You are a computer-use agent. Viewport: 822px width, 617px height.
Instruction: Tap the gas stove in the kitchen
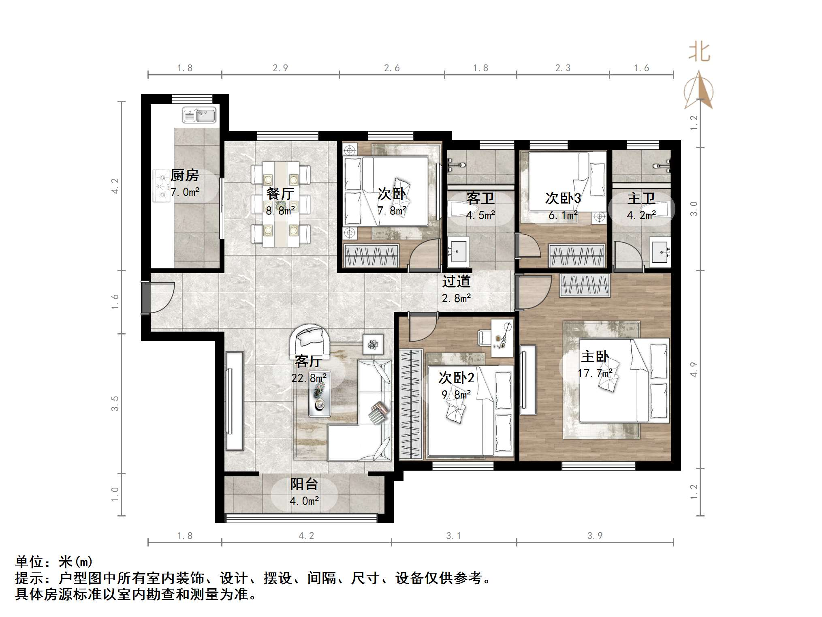pos(160,186)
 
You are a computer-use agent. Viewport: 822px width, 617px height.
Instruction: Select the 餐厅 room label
pos(280,194)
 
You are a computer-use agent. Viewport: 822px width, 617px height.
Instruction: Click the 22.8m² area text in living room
pos(309,378)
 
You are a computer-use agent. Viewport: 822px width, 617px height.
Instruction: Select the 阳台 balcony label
pos(304,484)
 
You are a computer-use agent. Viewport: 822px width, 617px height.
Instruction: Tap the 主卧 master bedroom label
pos(595,356)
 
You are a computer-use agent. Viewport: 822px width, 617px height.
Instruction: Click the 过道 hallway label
pos(456,281)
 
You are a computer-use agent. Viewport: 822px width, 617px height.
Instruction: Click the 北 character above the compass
pos(699,52)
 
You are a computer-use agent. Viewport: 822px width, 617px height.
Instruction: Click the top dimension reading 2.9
pos(280,68)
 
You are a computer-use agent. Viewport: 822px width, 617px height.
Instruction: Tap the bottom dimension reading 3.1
pos(453,536)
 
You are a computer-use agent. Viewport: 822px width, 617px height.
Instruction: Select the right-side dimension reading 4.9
pos(694,369)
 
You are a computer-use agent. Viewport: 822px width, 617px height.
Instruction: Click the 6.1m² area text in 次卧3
pos(563,215)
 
